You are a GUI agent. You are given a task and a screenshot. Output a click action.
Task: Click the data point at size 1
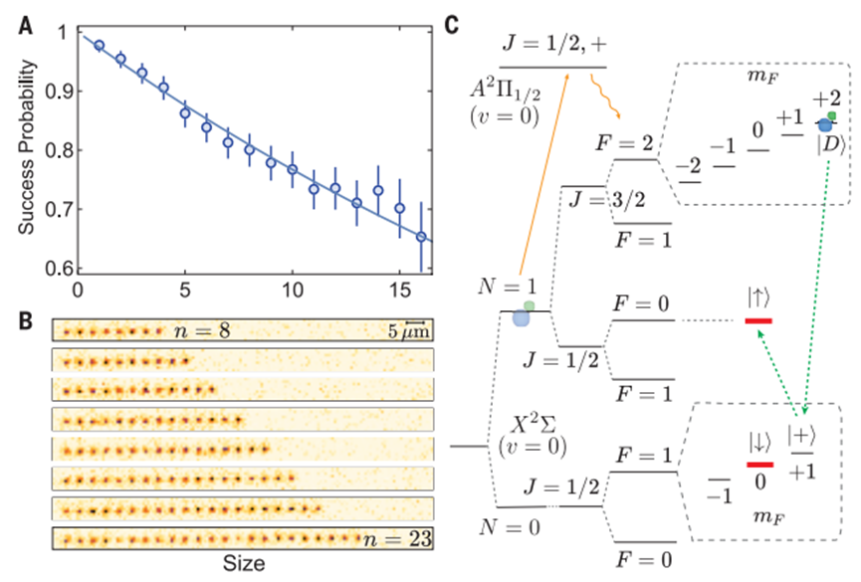tap(100, 46)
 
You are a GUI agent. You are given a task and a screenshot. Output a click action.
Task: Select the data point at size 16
tap(421, 237)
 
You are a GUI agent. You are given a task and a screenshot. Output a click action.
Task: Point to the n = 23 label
tap(395, 539)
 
